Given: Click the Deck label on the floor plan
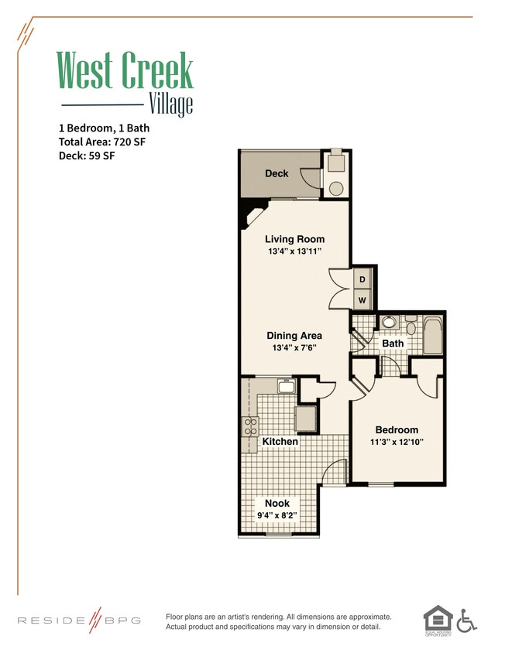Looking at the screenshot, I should [x=277, y=173].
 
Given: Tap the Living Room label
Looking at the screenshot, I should [x=294, y=239].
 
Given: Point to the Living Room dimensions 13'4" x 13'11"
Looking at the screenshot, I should [x=294, y=252].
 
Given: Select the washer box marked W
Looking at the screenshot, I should [x=362, y=299].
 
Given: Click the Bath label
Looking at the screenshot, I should [x=393, y=343].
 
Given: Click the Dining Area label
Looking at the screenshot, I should [x=294, y=336].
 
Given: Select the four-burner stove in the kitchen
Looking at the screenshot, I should [x=250, y=426].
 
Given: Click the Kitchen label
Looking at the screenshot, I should [x=280, y=442].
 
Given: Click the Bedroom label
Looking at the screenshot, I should [x=397, y=430].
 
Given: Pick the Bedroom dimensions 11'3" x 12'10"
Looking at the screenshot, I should [x=397, y=443].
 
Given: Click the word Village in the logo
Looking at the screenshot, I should [x=170, y=104].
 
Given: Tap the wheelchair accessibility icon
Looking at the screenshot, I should [x=466, y=621].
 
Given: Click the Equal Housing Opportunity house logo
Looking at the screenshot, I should [x=437, y=619].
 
